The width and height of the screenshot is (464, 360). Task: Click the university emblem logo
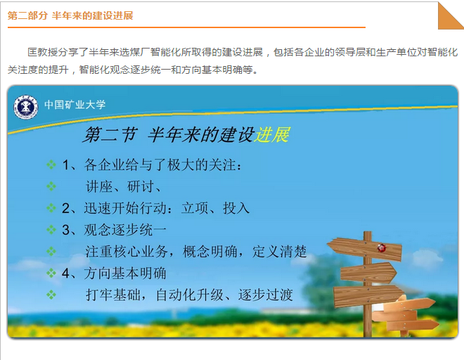[x=26, y=107]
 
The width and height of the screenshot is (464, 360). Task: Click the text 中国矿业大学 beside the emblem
[x=75, y=105]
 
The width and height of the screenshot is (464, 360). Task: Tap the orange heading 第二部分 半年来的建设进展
[x=70, y=15]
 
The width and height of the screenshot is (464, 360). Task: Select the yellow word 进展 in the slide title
[x=272, y=135]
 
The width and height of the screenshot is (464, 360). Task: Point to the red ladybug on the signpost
[x=382, y=247]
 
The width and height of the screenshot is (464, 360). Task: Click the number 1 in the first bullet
[x=65, y=165]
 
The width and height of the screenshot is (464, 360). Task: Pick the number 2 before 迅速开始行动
[x=65, y=208]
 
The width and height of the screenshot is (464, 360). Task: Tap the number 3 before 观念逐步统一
[x=65, y=230]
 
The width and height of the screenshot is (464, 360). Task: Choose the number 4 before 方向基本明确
[x=65, y=273]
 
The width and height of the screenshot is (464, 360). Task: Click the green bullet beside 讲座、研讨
[x=51, y=186]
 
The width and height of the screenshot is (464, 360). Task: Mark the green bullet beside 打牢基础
[x=51, y=295]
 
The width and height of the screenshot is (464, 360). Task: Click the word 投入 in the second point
[x=236, y=208]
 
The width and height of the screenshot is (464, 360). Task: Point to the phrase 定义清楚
[x=279, y=251]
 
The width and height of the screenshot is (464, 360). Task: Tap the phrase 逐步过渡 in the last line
[x=266, y=295]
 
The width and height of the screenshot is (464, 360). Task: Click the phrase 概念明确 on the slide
[x=210, y=251]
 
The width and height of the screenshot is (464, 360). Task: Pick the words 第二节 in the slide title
[x=110, y=135]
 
